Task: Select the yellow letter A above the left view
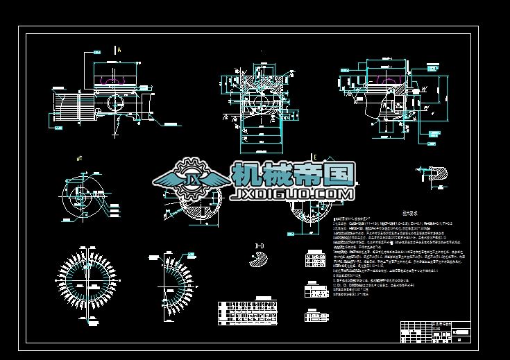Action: [119, 50]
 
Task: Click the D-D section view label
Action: [260, 245]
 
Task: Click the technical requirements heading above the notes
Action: [393, 214]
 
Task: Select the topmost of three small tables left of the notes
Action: [315, 261]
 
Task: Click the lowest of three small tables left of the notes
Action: [316, 315]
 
